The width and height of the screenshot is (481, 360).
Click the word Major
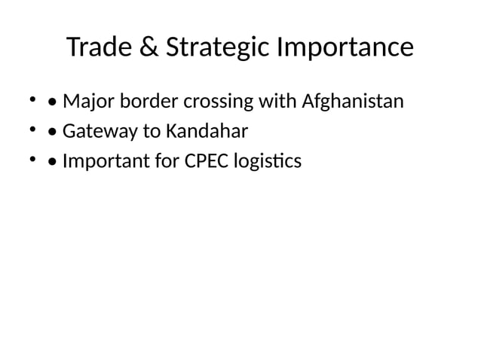(85, 101)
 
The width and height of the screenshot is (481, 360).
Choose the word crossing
(206, 102)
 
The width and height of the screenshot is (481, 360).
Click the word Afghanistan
(353, 101)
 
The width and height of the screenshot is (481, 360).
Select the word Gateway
(94, 131)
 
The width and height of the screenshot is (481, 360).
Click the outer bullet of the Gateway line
(33, 130)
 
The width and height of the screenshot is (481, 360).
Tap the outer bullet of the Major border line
(33, 99)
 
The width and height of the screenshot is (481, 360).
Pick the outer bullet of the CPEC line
(33, 160)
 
